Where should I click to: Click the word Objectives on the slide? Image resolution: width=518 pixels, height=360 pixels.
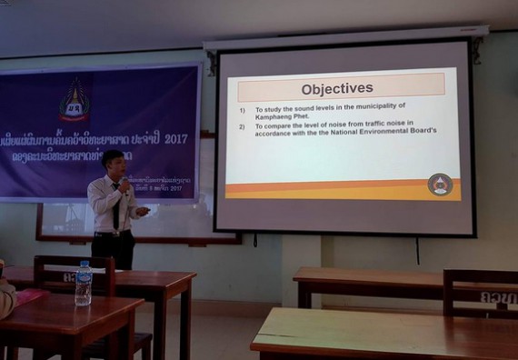point(337,88)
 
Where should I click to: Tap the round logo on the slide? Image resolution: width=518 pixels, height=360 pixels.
point(439,185)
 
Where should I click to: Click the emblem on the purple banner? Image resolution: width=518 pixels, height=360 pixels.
point(75,100)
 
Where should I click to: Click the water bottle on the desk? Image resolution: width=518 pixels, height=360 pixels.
point(83,284)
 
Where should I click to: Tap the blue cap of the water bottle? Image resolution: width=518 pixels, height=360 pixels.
point(84,265)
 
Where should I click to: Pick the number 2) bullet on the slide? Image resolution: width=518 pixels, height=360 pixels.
point(243,125)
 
